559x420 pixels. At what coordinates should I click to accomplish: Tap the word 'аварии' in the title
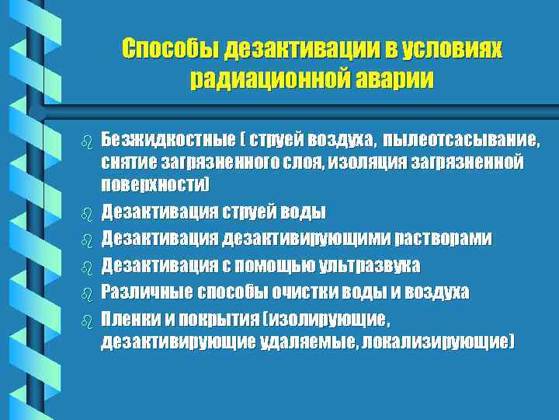coord(392,79)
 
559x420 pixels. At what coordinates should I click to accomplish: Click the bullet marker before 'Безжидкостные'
coord(85,142)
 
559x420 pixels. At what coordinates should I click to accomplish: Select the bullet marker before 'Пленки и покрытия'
coord(85,319)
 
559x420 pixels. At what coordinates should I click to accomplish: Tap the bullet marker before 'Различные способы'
coord(85,293)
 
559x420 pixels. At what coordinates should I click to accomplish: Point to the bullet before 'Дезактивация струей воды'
coord(85,212)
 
